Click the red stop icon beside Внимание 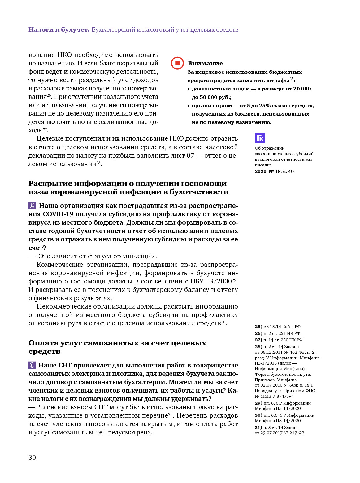point(177,63)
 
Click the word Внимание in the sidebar point(205,64)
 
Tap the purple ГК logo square point(260,138)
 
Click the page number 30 point(32,458)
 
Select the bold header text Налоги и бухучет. point(59,30)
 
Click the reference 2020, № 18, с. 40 point(274,171)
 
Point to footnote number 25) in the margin point(258,327)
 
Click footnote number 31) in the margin point(258,428)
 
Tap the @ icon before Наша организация point(32,206)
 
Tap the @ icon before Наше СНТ point(32,365)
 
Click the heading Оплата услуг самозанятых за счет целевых point(117,343)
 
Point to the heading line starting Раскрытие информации point(128,183)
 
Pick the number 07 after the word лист point(190,156)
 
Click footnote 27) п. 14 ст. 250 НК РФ point(279,340)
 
